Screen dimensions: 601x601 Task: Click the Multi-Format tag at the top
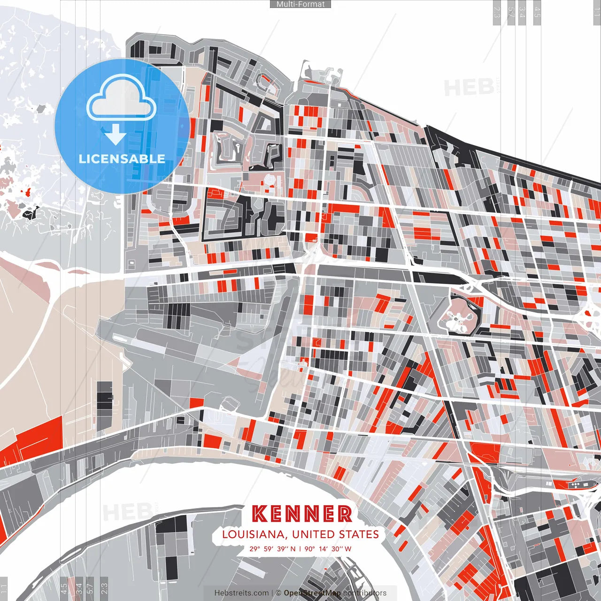(x=300, y=4)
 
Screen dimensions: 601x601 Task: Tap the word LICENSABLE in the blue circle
(x=122, y=159)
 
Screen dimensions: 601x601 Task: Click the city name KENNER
(x=302, y=514)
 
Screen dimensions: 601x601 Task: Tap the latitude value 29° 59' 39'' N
(x=273, y=548)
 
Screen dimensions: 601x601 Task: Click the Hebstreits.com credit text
(x=241, y=593)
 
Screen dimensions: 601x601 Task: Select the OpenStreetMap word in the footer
(x=312, y=593)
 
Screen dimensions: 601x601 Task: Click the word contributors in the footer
(x=365, y=593)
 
